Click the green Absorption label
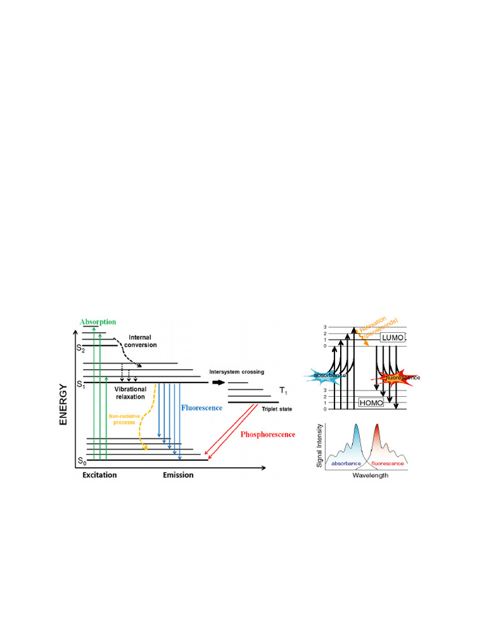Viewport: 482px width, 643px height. pyautogui.click(x=98, y=322)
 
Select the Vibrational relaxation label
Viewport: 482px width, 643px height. pyautogui.click(x=131, y=393)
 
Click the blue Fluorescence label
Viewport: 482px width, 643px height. pyautogui.click(x=201, y=408)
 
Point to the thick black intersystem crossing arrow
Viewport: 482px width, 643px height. pyautogui.click(x=218, y=382)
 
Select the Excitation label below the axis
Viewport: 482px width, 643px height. pyautogui.click(x=100, y=475)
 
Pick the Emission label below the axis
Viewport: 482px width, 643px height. pyautogui.click(x=178, y=475)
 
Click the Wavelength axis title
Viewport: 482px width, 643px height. pyautogui.click(x=369, y=475)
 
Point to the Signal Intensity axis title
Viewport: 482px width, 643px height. pyautogui.click(x=320, y=445)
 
